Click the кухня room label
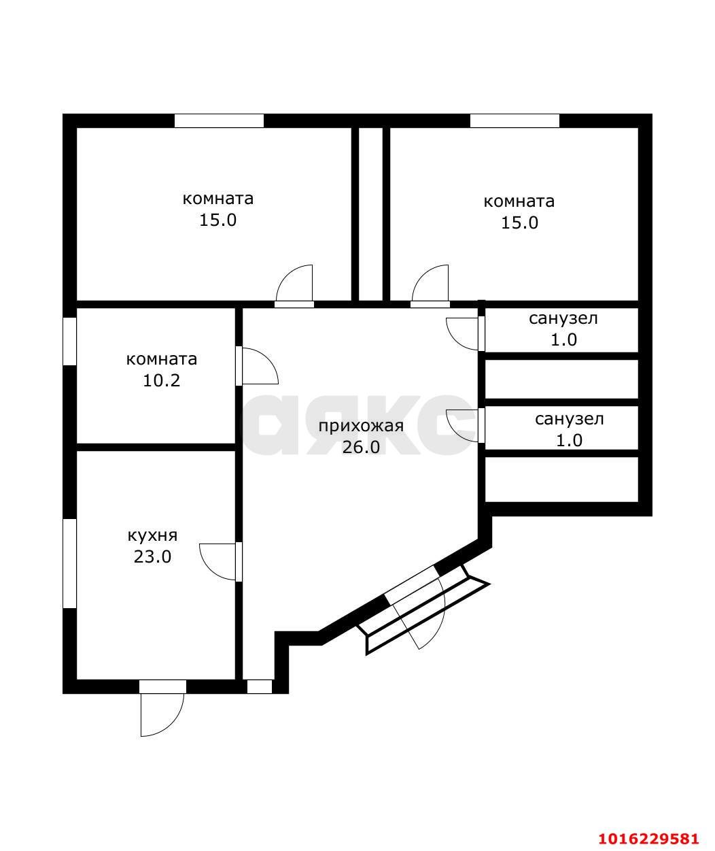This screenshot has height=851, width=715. tap(153, 535)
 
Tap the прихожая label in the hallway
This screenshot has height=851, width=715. tap(361, 427)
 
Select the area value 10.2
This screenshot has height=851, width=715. tap(161, 381)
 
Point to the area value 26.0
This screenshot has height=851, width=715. tap(361, 448)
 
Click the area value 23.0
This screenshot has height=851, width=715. tap(153, 556)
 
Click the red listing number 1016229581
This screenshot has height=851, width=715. tap(648, 835)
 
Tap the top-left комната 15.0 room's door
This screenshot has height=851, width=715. tap(294, 285)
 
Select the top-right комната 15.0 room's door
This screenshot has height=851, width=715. tap(430, 285)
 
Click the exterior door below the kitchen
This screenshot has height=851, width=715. tap(162, 708)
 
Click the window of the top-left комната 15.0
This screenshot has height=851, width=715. tap(219, 120)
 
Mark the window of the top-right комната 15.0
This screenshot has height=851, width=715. tap(515, 120)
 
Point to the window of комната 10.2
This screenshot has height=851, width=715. tap(69, 341)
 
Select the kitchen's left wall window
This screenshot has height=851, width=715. tap(69, 564)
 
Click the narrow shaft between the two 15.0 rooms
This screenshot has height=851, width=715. tap(370, 214)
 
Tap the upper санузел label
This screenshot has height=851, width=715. tap(563, 319)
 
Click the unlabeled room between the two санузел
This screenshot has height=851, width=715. tap(561, 379)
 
